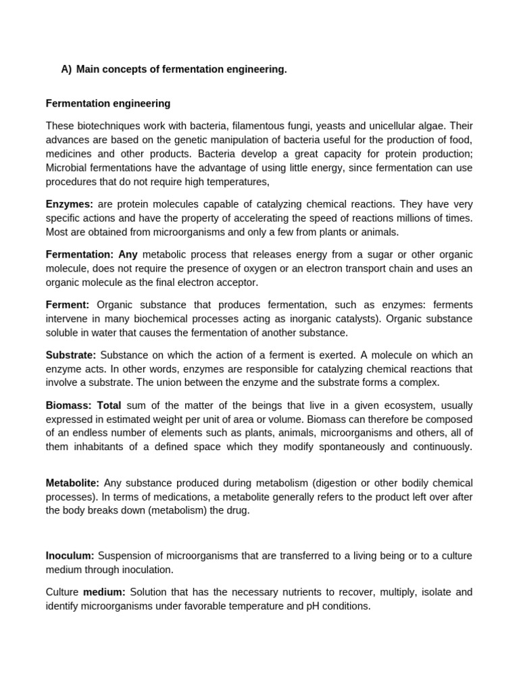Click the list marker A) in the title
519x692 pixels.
coord(66,70)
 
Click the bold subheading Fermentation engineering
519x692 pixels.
coord(108,103)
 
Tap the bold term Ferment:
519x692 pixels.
coord(68,304)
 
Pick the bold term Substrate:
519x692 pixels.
coord(71,355)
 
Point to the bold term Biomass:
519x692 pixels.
coord(68,405)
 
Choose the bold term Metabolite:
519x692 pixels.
coord(72,483)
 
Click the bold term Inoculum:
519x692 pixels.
coord(70,555)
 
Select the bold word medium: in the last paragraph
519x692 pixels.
coord(104,592)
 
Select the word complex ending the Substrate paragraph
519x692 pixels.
coord(420,382)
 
